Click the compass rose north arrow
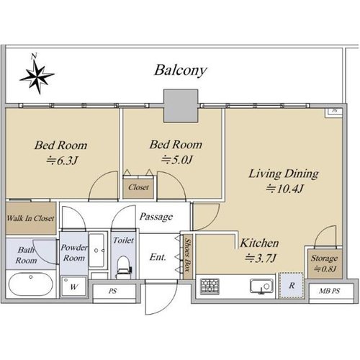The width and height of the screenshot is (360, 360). [x=37, y=76]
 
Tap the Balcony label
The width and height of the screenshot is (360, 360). [x=180, y=71]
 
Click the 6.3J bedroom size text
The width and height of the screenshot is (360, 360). [x=62, y=161]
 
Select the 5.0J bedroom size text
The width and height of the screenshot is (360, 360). [x=177, y=160]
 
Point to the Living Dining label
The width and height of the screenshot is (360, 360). [x=284, y=174]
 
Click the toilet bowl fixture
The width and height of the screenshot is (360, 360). [x=124, y=267]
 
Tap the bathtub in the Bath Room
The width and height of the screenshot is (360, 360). [x=31, y=284]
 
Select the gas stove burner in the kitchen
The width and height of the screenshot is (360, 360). [x=210, y=287]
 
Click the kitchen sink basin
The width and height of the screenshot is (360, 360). [x=261, y=286]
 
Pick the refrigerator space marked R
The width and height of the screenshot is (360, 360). [x=291, y=285]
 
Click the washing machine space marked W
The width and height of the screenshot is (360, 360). [x=73, y=287]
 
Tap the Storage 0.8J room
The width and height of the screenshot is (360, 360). [x=325, y=264]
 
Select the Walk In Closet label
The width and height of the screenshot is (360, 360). [x=30, y=219]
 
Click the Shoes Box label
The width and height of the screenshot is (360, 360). [x=188, y=255]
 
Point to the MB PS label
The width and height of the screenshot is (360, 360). [x=330, y=291]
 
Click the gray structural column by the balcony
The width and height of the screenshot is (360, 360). [x=181, y=106]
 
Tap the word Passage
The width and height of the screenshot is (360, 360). [x=156, y=217]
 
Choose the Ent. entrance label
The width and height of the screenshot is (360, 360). [x=158, y=257]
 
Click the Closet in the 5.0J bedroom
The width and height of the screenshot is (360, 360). [x=138, y=187]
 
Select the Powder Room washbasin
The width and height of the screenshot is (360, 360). [x=97, y=251]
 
